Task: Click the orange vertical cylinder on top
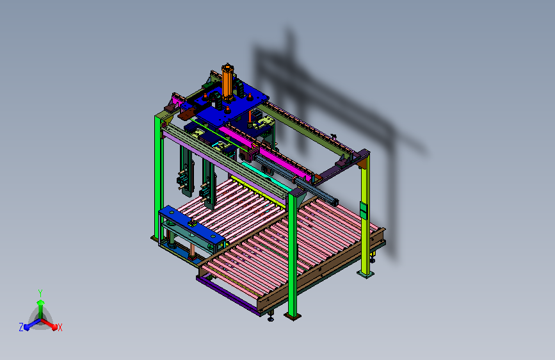227,81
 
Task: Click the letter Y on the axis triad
40,293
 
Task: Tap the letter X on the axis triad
60,327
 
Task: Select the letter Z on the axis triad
21,327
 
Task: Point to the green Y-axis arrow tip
41,302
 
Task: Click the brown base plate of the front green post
293,316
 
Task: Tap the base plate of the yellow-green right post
366,274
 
